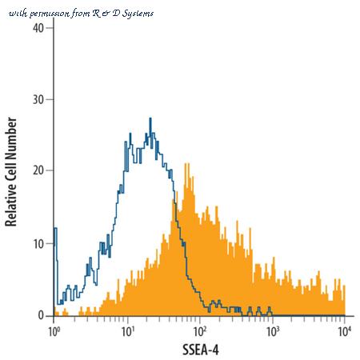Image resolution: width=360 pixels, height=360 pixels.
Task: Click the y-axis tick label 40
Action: [x=38, y=28]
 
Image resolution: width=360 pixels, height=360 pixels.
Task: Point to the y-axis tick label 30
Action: [x=38, y=99]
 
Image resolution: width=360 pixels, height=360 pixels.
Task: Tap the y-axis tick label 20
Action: [x=38, y=170]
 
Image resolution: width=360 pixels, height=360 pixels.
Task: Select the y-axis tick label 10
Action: [x=38, y=244]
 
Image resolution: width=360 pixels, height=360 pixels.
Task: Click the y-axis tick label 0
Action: [x=41, y=316]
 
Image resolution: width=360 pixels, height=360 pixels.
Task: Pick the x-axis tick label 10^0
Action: [x=54, y=331]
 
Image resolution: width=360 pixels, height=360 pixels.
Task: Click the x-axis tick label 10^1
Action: [x=127, y=331]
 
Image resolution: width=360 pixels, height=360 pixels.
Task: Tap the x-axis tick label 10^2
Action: [x=200, y=331]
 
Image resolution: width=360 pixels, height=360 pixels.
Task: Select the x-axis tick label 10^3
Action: [x=272, y=331]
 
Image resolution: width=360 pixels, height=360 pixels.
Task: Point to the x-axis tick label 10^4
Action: [x=345, y=331]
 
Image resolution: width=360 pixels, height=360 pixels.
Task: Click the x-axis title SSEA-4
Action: [x=201, y=350]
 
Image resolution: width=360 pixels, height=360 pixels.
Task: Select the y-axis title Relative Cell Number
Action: [x=11, y=172]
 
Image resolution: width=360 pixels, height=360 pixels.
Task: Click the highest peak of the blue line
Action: [x=150, y=118]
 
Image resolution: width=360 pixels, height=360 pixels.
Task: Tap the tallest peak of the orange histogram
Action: [x=186, y=164]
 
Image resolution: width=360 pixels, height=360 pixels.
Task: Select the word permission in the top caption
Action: [x=50, y=14]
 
